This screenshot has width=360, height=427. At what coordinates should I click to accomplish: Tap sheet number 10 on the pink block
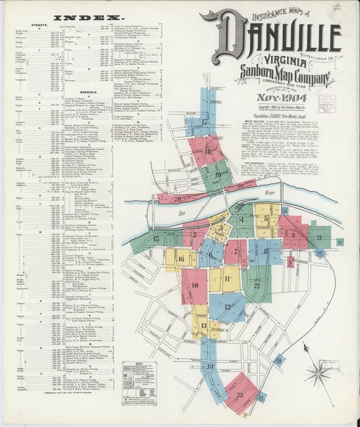click(195, 285)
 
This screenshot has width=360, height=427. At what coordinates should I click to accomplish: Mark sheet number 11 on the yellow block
click(227, 279)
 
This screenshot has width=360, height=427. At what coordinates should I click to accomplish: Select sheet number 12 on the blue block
click(227, 307)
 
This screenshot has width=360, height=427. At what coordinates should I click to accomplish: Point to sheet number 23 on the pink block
click(239, 394)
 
